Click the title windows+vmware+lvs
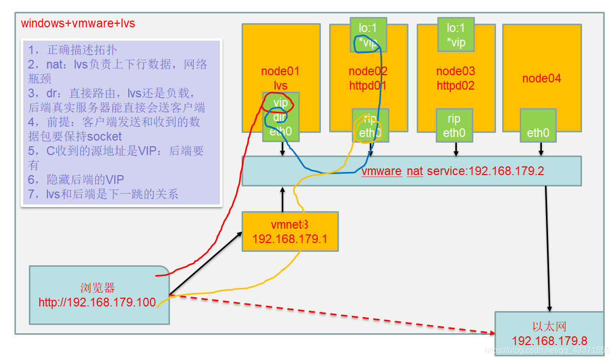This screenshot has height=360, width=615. (x=78, y=24)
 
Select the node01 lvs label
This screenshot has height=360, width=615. (x=280, y=78)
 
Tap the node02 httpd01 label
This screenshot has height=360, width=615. (x=368, y=78)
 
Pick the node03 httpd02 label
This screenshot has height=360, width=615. (x=455, y=78)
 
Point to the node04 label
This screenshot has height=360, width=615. (x=541, y=78)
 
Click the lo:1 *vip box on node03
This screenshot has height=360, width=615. (x=456, y=35)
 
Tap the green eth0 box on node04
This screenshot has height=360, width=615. (x=538, y=127)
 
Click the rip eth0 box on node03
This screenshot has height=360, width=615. (x=454, y=126)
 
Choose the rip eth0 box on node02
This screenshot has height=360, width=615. (x=370, y=126)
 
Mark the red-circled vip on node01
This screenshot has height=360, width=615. (x=280, y=103)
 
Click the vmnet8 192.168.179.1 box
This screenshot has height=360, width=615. (x=290, y=232)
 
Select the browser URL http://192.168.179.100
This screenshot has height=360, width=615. (x=97, y=302)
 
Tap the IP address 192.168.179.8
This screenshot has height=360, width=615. (x=550, y=340)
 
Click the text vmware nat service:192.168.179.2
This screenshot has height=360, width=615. (x=452, y=171)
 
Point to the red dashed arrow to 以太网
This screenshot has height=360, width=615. (x=330, y=314)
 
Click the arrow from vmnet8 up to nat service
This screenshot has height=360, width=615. (x=282, y=199)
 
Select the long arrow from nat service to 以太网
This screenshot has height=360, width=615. (x=548, y=247)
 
